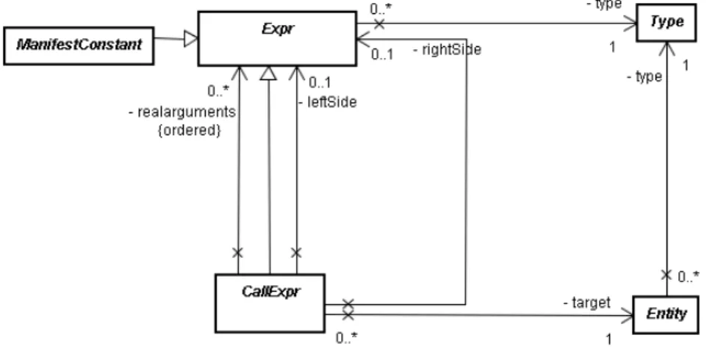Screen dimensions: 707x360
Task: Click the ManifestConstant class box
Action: click(79, 46)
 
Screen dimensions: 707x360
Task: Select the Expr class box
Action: click(277, 39)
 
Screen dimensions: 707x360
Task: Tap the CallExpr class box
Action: click(270, 303)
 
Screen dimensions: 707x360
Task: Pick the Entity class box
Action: click(666, 314)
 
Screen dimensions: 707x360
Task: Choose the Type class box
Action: click(667, 23)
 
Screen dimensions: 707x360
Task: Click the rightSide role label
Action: click(448, 49)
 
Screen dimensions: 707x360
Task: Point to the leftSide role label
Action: click(328, 102)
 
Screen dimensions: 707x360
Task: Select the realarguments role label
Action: click(182, 112)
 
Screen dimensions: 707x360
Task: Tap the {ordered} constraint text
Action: click(190, 130)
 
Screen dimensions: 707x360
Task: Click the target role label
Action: click(587, 303)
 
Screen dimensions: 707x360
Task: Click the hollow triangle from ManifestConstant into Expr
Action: click(191, 39)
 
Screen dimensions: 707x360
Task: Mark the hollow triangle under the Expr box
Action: click(268, 73)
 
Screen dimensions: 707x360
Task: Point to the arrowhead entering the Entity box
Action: click(627, 316)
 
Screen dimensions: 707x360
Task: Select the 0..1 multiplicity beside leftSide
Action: click(320, 82)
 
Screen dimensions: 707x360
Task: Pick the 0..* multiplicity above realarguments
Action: click(218, 91)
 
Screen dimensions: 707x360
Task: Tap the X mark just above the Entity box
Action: click(666, 274)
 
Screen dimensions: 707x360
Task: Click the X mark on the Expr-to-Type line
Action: click(379, 24)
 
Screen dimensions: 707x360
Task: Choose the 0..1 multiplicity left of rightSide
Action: click(382, 54)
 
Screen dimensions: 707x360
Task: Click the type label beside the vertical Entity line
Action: click(645, 77)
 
